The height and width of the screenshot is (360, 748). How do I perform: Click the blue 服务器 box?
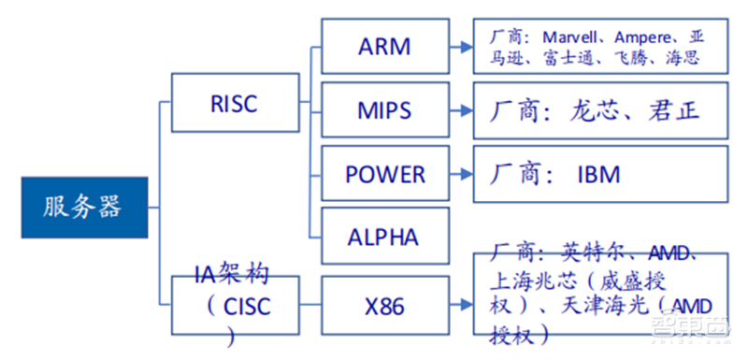coord(85,207)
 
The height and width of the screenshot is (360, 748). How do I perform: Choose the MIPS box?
coord(384,110)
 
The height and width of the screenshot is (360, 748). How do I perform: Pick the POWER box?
coord(384,175)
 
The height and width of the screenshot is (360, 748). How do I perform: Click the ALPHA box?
coord(384,237)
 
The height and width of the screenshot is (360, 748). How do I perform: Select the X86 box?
coord(384,306)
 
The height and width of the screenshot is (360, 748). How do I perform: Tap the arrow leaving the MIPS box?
coord(461,110)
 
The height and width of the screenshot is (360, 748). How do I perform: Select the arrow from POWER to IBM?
coord(461,175)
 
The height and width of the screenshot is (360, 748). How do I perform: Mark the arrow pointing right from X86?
coord(461,306)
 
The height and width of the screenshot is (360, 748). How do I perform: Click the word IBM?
coord(598,175)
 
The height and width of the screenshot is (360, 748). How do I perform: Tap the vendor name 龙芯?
coord(595,111)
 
